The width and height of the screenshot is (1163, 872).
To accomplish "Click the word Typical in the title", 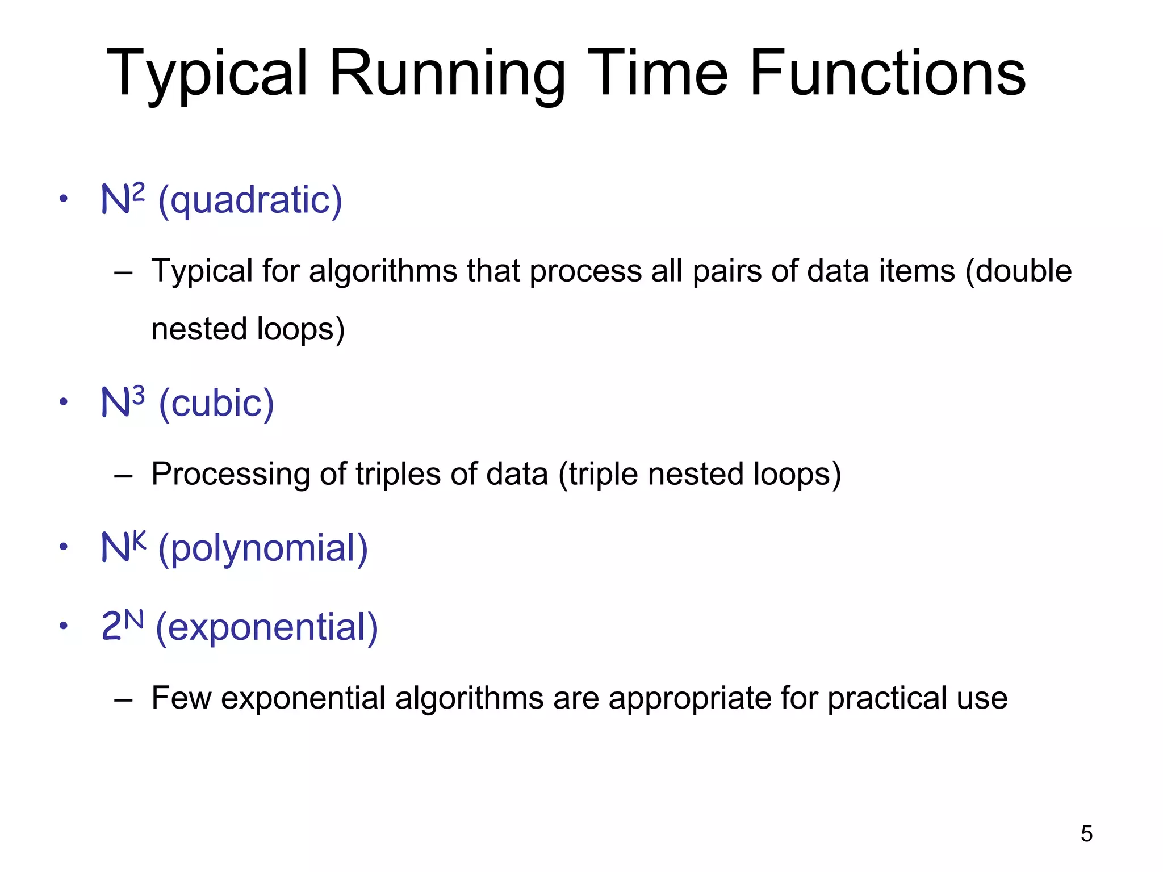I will tap(207, 74).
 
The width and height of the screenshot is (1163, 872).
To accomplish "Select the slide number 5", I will tap(1086, 834).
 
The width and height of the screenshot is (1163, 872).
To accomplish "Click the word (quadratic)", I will tap(250, 200).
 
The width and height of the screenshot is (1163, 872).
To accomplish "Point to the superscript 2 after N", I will tap(138, 191).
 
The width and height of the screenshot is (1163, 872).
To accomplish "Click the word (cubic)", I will tap(216, 403).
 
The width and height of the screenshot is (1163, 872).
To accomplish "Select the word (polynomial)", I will tap(263, 548).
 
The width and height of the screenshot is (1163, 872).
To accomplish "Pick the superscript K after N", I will tap(139, 540).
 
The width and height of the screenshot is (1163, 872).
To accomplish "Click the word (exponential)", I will tap(266, 627).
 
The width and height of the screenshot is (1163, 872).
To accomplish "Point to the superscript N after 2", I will tap(133, 619).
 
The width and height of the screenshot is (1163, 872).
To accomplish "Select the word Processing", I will tap(230, 474).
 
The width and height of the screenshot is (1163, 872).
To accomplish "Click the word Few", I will tap(181, 698).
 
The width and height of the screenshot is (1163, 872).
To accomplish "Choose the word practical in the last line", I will tap(886, 698).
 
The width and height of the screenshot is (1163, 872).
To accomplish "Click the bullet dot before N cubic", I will tap(64, 402).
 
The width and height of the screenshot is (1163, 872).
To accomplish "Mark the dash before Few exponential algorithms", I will tap(123, 699).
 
